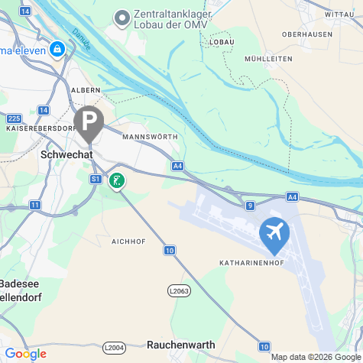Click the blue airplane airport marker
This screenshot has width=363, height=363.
pos(274,232)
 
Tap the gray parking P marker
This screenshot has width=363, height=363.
pos(89,121)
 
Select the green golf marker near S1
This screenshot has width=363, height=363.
pos(117,180)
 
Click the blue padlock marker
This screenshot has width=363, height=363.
pos(57,49)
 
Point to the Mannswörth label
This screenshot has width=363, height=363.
pos(150,137)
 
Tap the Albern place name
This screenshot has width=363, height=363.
pos(86,89)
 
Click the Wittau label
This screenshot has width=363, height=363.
pos(339,15)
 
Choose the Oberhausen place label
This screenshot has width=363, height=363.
pos(306,34)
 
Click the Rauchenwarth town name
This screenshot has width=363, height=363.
pos(181,345)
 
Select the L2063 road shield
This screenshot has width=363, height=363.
pos(177,290)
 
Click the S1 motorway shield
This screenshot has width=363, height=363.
pos(96,179)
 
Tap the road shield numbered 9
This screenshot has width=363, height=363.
pos(250,206)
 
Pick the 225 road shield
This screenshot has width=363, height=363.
pos(14,118)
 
